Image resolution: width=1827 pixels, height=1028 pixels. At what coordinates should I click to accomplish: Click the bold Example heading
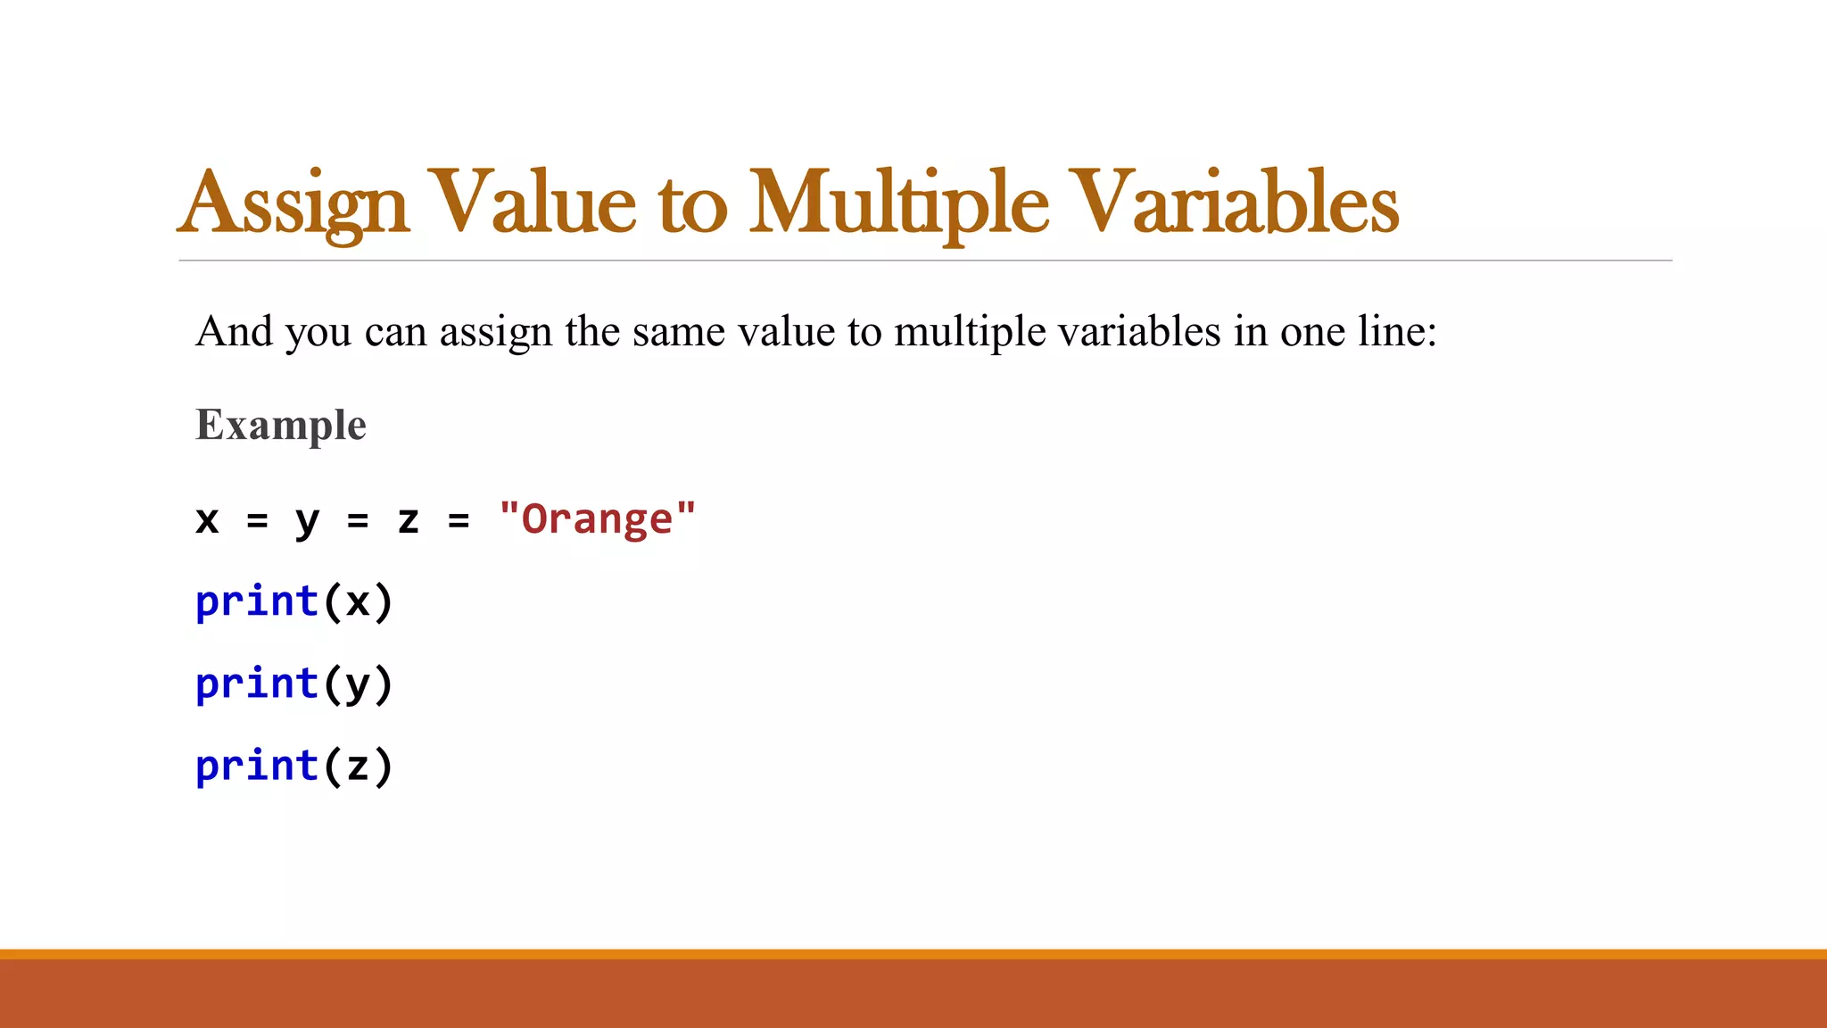coord(280,425)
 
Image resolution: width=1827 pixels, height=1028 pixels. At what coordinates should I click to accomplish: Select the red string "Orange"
coord(597,518)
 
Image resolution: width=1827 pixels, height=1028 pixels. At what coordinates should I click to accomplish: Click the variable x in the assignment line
coord(207,519)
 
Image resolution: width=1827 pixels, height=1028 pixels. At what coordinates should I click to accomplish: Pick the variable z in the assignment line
coord(408,519)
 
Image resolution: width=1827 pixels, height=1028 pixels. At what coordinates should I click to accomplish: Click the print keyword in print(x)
coord(257,601)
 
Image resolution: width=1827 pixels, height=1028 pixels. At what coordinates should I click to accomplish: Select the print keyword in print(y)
coord(257,684)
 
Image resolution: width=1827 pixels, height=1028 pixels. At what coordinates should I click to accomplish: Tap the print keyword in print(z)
coord(257,766)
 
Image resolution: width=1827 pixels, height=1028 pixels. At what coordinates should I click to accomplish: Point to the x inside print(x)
coord(358,602)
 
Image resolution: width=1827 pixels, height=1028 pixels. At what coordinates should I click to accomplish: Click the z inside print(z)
coord(358,767)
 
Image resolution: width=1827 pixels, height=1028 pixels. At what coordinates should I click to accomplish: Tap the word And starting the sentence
coord(234,332)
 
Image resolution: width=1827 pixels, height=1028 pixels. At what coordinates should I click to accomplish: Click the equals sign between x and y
coord(257,520)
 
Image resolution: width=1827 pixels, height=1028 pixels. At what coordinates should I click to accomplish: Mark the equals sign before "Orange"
coord(459,520)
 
